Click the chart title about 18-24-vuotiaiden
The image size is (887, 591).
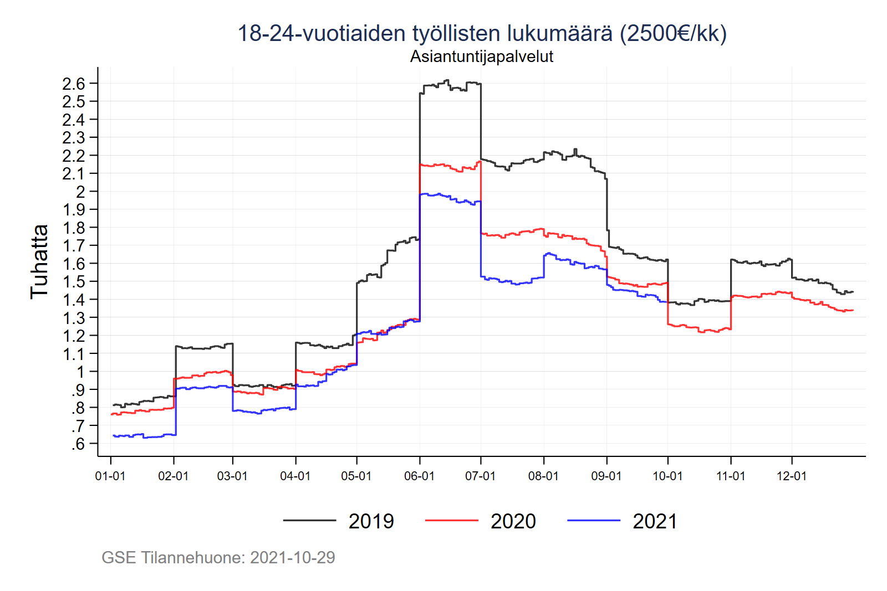click(481, 33)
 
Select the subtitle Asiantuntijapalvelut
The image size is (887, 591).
click(481, 56)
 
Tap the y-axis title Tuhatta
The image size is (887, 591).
click(39, 262)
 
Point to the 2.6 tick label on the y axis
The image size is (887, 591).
click(74, 84)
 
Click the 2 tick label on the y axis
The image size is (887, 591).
click(81, 192)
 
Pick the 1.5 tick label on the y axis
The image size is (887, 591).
click(74, 282)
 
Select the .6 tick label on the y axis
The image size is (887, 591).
click(78, 444)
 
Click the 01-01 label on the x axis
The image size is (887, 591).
click(110, 476)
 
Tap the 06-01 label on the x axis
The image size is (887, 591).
click(419, 476)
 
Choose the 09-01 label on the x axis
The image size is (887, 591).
click(606, 476)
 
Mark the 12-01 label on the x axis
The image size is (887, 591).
click(792, 476)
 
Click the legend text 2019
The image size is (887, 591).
click(371, 521)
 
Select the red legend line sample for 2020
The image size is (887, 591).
click(451, 521)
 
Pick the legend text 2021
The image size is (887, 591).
click(655, 521)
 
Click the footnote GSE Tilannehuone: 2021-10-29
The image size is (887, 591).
click(218, 557)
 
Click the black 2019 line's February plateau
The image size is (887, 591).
click(203, 348)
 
